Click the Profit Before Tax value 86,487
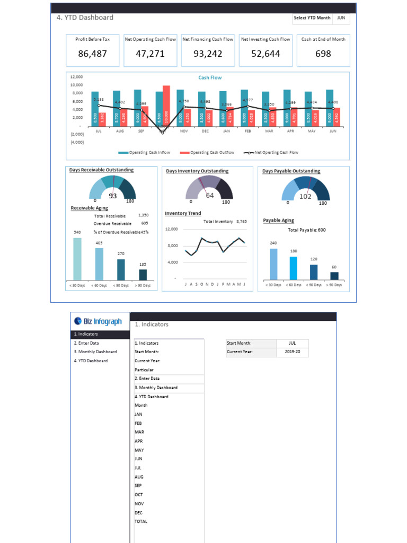tap(92, 54)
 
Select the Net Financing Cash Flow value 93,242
tap(208, 54)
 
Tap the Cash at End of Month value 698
tap(323, 54)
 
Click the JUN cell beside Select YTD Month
tap(341, 18)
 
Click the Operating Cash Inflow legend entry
tap(144, 153)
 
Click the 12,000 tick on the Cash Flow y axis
tap(76, 77)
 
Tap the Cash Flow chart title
tap(210, 78)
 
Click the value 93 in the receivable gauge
tap(112, 196)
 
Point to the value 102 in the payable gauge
tap(305, 196)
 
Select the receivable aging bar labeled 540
tap(77, 259)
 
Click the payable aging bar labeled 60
tap(334, 276)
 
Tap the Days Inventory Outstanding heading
tap(197, 171)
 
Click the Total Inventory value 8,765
tap(242, 222)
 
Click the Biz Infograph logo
tap(99, 321)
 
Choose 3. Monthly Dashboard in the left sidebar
tap(95, 352)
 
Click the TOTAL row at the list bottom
tap(141, 522)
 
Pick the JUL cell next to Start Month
tap(293, 343)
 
